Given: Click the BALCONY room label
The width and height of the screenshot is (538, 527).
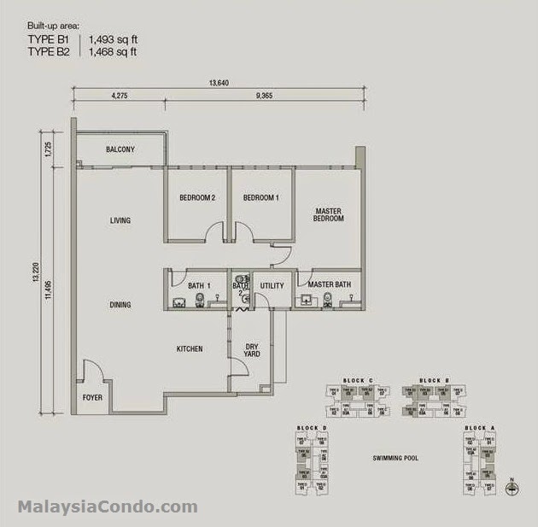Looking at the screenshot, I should (120, 149).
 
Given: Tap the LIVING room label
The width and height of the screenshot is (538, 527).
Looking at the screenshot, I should (120, 221).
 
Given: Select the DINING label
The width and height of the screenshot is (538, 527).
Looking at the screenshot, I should (120, 305).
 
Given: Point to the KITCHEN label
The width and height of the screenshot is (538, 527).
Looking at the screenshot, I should (190, 348).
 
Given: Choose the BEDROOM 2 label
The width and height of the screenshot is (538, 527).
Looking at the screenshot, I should (196, 198).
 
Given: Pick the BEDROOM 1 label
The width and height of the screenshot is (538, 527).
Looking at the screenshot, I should (261, 198).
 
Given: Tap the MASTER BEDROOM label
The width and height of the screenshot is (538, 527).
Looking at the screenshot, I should (329, 214).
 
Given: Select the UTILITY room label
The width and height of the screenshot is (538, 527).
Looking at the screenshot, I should (272, 284).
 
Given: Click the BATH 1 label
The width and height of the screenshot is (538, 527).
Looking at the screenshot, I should (200, 284).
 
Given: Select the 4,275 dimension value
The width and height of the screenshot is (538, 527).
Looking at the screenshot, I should (120, 97).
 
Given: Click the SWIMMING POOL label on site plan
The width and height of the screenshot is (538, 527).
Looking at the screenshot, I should (395, 459).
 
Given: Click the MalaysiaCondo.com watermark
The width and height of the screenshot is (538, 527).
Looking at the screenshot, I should (108, 507).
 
